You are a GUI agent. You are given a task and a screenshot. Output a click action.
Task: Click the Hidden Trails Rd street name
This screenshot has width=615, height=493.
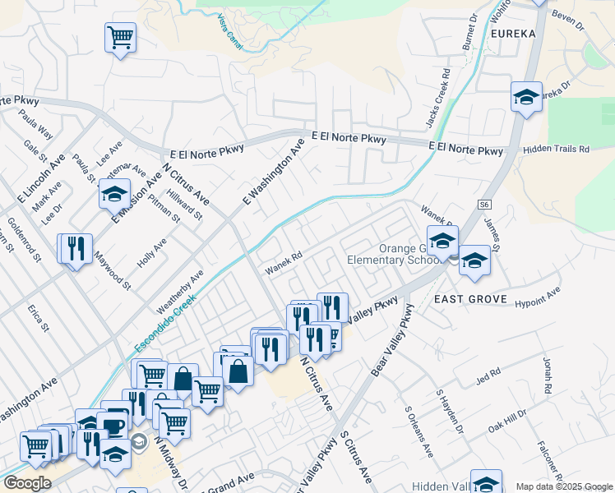click(x=557, y=150)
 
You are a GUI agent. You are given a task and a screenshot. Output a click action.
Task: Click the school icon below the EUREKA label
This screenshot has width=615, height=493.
click(x=526, y=97)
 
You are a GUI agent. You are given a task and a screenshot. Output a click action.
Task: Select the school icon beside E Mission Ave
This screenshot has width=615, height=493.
click(x=114, y=195)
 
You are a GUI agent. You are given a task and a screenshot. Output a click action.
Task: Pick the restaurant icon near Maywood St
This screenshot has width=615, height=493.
click(x=76, y=247)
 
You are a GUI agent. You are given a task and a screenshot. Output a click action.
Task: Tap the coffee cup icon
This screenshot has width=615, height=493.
click(x=112, y=426)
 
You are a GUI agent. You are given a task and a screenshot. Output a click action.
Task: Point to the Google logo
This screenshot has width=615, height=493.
click(x=27, y=483)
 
